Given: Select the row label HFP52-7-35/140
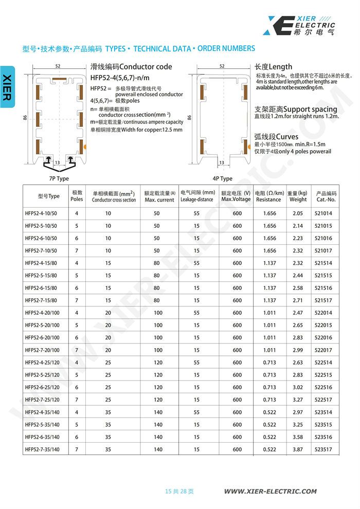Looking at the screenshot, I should [x=42, y=449].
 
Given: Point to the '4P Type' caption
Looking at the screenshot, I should [x=222, y=178].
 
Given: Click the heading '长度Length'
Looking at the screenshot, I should [x=273, y=67].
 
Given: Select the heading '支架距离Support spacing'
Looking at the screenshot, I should [x=296, y=109].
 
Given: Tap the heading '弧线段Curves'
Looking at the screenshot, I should [x=276, y=137].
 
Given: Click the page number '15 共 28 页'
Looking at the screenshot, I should [x=179, y=491].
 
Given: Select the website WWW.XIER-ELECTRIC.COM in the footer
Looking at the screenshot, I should [x=271, y=491].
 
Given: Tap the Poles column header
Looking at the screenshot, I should [x=77, y=196].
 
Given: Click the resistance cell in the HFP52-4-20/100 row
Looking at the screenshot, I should [x=269, y=313].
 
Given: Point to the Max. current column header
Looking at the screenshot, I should [x=159, y=196].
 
